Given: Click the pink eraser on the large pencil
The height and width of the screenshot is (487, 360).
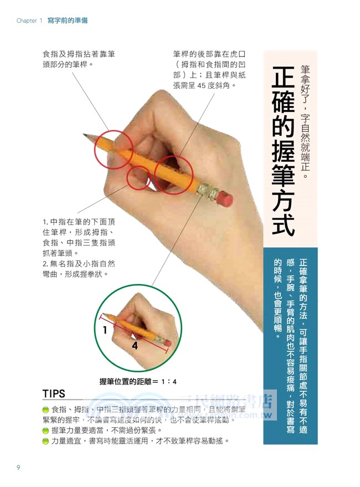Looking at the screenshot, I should click(224, 198).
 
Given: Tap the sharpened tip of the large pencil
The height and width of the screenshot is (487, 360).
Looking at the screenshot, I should click(84, 134).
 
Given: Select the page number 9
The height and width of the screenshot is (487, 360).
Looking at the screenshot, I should click(18, 468).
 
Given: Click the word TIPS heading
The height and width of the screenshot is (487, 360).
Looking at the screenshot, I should click(54, 394).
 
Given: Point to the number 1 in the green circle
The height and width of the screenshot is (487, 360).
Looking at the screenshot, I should click(105, 331).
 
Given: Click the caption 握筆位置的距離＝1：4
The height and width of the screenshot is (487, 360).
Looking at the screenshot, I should click(138, 381).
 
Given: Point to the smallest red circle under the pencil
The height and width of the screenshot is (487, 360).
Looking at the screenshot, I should click(138, 178).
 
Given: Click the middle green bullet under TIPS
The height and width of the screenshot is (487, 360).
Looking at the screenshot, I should click(46, 430).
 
